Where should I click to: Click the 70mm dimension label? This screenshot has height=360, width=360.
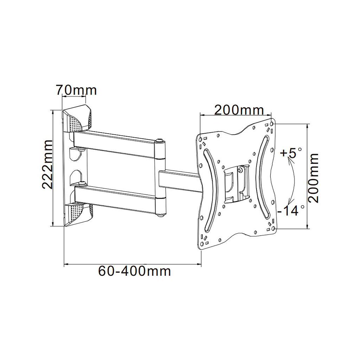tap(76, 90)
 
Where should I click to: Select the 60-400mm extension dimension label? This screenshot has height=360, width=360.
tap(135, 271)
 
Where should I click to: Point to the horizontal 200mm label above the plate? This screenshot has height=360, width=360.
tap(239, 110)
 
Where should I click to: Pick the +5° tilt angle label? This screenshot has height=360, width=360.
tap(291, 153)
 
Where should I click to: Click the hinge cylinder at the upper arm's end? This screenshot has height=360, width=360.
tap(160, 149)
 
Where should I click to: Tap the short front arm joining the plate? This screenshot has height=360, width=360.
tap(179, 179)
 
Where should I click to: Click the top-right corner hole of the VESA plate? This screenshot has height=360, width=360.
tap(272, 124)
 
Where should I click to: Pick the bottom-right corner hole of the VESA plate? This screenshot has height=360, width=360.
tap(272, 229)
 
